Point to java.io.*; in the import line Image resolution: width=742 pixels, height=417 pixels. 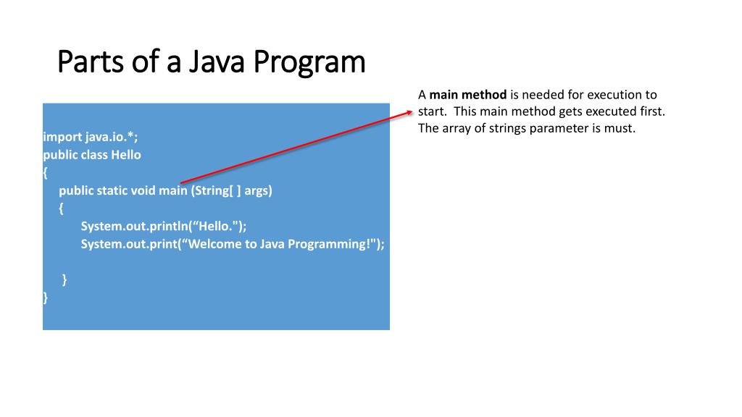coord(111,137)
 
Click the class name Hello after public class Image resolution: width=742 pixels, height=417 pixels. coord(126,155)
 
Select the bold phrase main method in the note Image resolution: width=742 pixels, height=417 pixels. coord(468,95)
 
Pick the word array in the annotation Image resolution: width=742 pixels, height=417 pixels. coord(456,129)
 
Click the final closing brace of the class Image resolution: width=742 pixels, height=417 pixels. coord(46,297)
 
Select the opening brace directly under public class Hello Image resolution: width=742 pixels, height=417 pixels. coord(46,173)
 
